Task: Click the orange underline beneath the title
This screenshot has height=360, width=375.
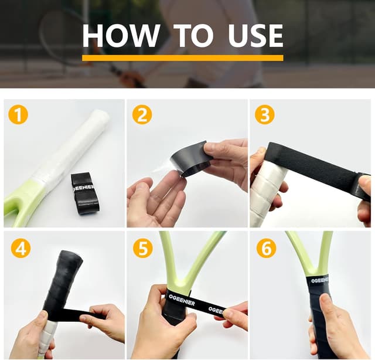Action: [x=182, y=57]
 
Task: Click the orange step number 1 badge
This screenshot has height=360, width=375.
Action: [x=18, y=115]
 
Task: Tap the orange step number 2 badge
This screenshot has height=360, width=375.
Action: [x=141, y=115]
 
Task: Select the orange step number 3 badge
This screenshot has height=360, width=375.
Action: [x=265, y=115]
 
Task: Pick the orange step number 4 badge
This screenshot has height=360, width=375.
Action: [x=21, y=248]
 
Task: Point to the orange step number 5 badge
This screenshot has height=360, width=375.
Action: [x=142, y=248]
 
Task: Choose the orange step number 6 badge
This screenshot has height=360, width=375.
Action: [x=266, y=248]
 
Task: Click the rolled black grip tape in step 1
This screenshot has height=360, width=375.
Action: [x=86, y=193]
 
